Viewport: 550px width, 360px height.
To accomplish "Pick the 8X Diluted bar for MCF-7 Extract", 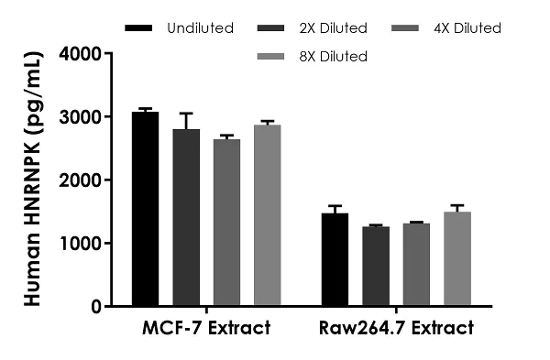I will click(x=267, y=215).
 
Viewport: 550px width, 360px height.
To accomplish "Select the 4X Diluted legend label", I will click(x=468, y=28).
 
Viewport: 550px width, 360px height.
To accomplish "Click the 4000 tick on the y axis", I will click(x=82, y=54).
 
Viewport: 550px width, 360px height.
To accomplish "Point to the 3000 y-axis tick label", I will click(x=82, y=117).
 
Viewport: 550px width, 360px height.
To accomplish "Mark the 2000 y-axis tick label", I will click(x=82, y=180).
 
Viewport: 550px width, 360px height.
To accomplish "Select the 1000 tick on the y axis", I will click(x=82, y=244).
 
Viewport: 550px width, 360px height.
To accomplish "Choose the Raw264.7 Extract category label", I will click(x=396, y=328).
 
